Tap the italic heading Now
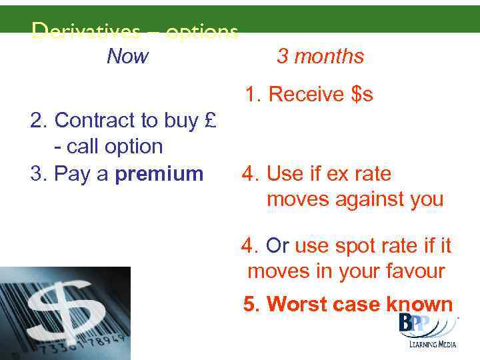[127, 57]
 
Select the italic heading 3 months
[320, 57]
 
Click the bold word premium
[159, 174]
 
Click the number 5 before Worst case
[249, 305]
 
